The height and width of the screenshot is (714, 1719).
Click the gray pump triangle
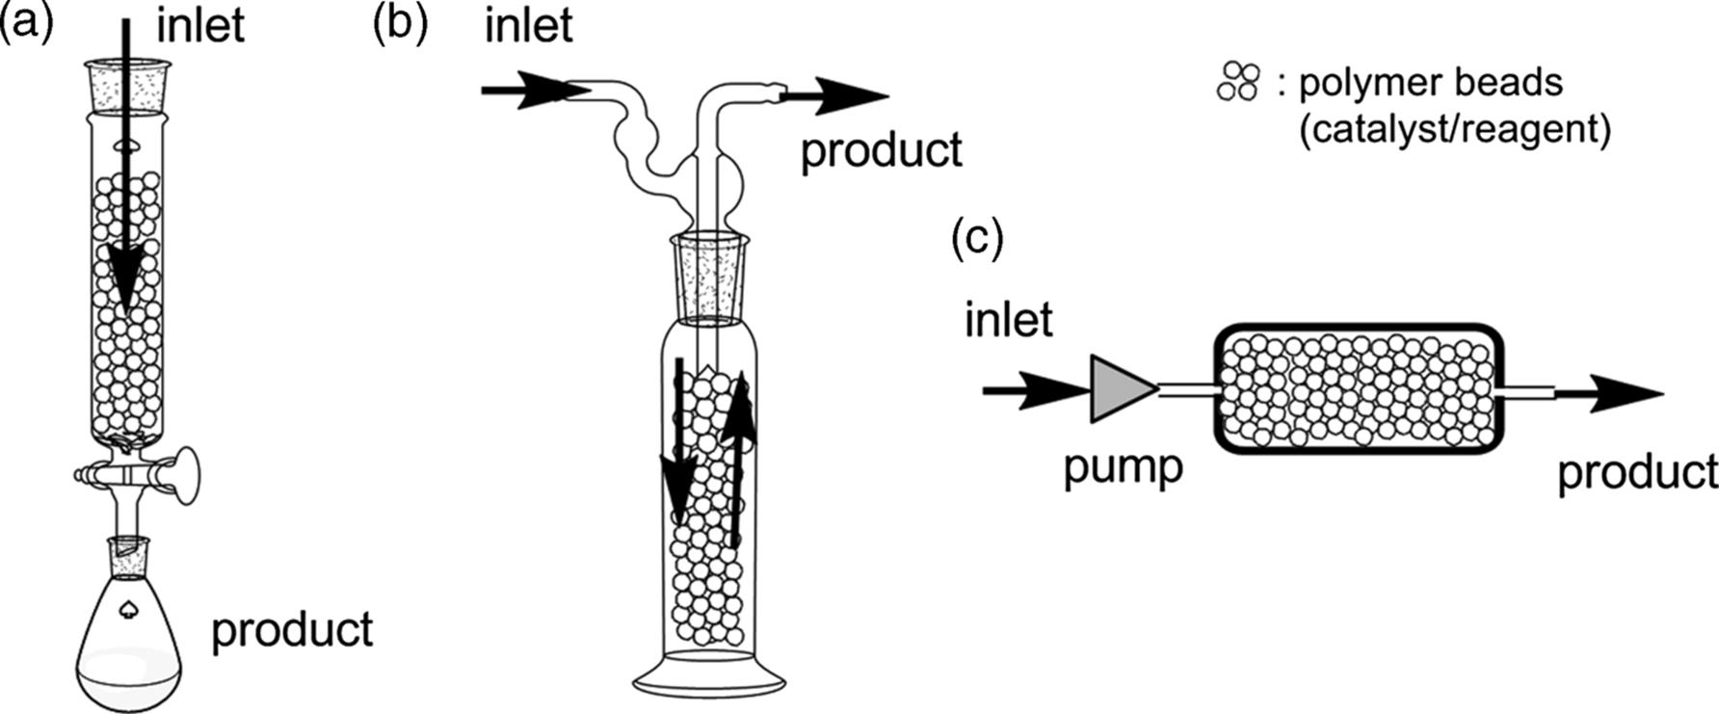[1119, 389]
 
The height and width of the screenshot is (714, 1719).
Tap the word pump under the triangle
[1123, 468]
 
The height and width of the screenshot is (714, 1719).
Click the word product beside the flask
[292, 629]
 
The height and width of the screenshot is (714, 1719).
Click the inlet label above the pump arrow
[1009, 319]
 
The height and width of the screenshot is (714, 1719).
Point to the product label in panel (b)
[882, 150]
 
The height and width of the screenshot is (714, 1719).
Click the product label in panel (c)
[1638, 472]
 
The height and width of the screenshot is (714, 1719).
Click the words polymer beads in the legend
[1431, 83]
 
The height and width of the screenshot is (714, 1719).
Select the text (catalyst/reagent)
[1455, 128]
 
